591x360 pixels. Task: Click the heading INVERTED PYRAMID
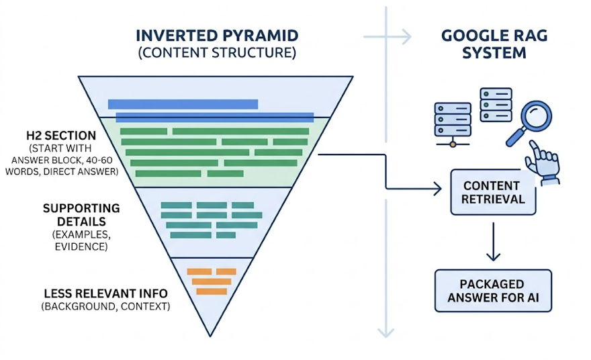point(216,36)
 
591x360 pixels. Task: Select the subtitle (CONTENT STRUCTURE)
point(216,53)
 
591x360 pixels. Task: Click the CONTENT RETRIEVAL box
point(493,192)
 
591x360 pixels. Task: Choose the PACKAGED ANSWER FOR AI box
point(493,291)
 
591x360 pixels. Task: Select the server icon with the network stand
point(452,122)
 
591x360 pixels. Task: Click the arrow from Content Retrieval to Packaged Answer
point(494,241)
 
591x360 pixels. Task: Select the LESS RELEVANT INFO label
point(105,294)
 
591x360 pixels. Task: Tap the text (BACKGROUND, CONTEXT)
point(105,307)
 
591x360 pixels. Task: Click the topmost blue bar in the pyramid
point(183,104)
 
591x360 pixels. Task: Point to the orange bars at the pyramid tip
point(211,281)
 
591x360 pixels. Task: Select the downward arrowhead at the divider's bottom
point(386,331)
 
